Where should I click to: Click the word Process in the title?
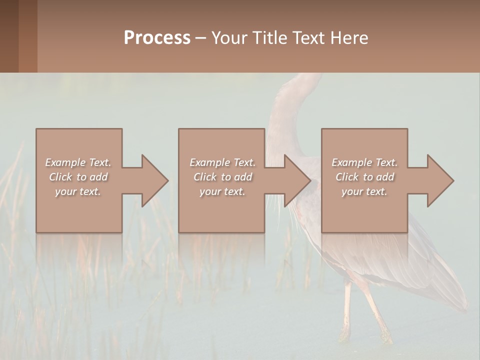(x=157, y=38)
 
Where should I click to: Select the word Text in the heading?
(x=307, y=38)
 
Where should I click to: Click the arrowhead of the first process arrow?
(x=155, y=180)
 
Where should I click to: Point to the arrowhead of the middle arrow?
(x=297, y=180)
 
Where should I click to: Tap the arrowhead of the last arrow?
(x=440, y=180)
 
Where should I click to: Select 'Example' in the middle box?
(x=209, y=162)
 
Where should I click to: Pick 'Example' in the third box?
(x=351, y=162)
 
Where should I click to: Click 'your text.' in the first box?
(x=78, y=191)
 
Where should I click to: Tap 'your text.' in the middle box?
(x=222, y=191)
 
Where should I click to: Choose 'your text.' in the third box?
(x=364, y=191)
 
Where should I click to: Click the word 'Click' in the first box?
(x=60, y=177)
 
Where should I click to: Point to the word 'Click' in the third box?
(x=347, y=177)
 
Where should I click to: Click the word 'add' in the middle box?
(x=243, y=177)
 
